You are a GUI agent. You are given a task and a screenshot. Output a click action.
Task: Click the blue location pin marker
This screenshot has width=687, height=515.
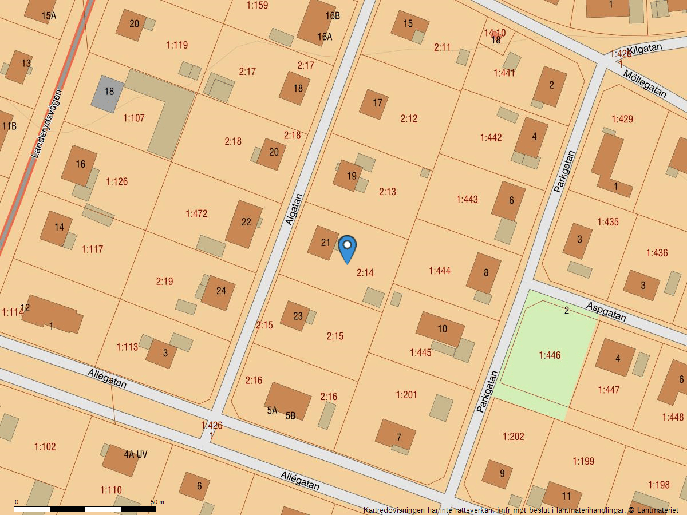pyautogui.click(x=347, y=248)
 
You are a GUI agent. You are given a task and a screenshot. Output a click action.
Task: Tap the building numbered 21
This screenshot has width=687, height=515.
pyautogui.click(x=323, y=243)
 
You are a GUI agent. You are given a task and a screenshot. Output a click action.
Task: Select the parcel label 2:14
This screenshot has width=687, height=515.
pyautogui.click(x=365, y=273)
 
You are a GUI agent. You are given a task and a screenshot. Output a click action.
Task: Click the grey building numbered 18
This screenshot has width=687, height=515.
pyautogui.click(x=108, y=92)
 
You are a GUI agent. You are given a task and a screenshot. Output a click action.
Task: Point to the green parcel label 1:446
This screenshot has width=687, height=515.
pyautogui.click(x=549, y=355)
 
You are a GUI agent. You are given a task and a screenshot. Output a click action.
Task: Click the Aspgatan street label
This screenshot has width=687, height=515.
pyautogui.click(x=606, y=312)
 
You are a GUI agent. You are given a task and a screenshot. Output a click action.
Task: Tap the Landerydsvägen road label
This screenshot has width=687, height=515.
pyautogui.click(x=46, y=124)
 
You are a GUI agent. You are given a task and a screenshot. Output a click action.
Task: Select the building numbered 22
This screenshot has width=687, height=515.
pyautogui.click(x=244, y=224)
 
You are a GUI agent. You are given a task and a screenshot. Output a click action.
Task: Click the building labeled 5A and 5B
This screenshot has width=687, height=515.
pyautogui.click(x=287, y=402)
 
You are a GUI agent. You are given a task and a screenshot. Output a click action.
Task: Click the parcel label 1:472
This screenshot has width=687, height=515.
pyautogui.click(x=196, y=213)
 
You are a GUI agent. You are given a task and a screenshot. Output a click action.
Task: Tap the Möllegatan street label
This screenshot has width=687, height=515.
pyautogui.click(x=645, y=84)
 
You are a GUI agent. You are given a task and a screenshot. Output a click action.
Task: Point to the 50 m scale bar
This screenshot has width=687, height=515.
pyautogui.click(x=85, y=508)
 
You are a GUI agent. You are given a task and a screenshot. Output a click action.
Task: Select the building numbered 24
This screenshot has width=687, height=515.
pyautogui.click(x=218, y=292)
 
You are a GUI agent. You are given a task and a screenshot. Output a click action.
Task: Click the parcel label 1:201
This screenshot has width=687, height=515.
pyautogui.click(x=406, y=395)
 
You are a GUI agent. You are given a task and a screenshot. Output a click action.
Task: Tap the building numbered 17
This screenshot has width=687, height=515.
pyautogui.click(x=374, y=104)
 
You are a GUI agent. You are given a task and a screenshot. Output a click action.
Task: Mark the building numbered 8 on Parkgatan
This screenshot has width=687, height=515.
pyautogui.click(x=484, y=273)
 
